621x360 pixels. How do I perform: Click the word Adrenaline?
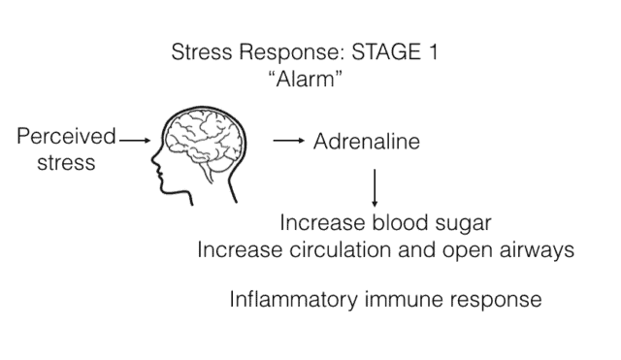pyautogui.click(x=366, y=142)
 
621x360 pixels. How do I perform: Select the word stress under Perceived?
pyautogui.click(x=66, y=162)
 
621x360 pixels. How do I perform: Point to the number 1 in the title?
pyautogui.click(x=431, y=52)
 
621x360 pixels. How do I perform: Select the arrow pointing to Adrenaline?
pyautogui.click(x=288, y=142)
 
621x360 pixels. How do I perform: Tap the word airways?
pyautogui.click(x=539, y=249)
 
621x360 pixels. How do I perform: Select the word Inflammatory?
pyautogui.click(x=288, y=299)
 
